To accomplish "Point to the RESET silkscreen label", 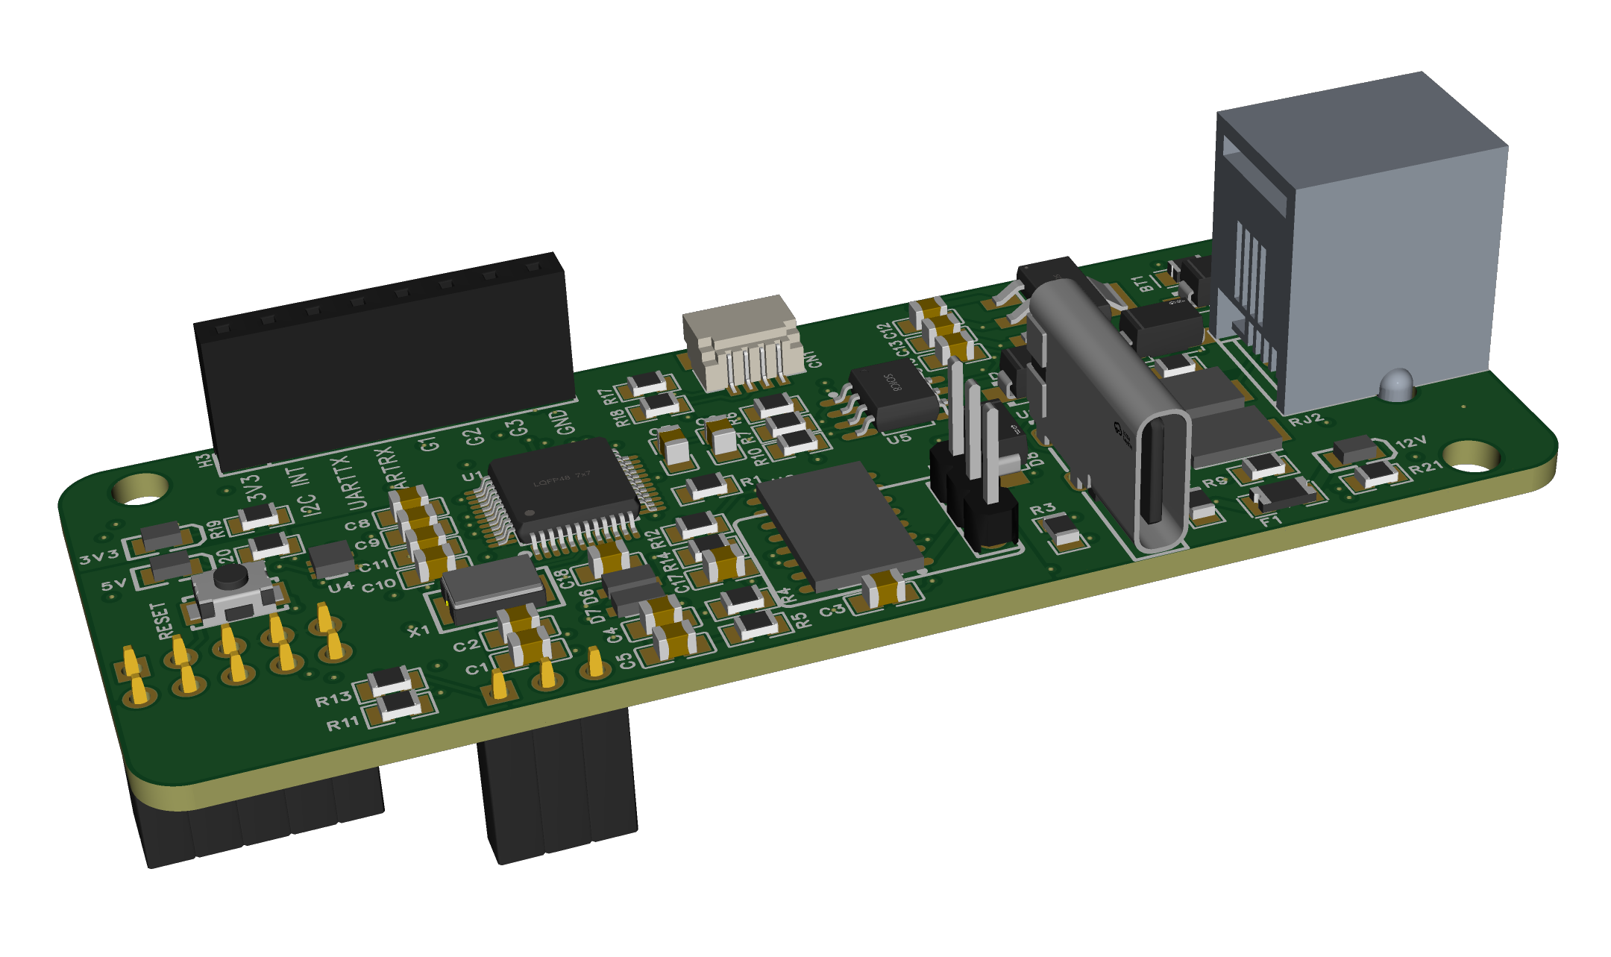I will point(162,621).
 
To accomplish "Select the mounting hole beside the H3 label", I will point(141,489).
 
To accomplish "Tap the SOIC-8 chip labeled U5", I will point(893,395).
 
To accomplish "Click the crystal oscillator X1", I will point(493,589).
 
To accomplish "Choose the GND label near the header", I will point(566,422).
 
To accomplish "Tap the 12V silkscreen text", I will point(1410,443).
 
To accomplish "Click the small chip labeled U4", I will point(330,559).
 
